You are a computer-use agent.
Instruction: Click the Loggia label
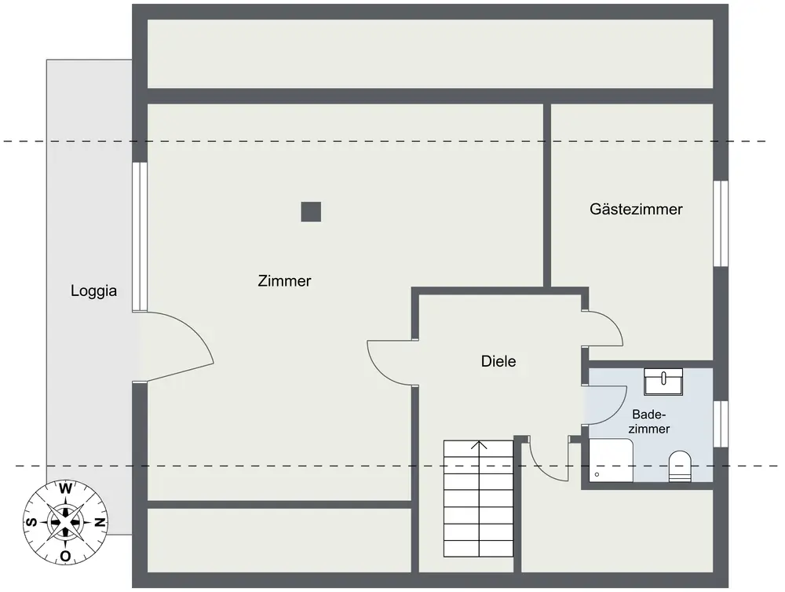point(93,291)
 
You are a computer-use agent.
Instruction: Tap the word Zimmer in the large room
point(284,280)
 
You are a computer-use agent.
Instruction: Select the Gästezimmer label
point(636,210)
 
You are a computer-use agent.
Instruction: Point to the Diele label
point(498,362)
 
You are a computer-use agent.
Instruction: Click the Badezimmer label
point(650,422)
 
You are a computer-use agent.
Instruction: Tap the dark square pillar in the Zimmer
point(311,211)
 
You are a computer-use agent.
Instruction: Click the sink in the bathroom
point(663,381)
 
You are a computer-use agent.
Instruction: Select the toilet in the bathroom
point(679,466)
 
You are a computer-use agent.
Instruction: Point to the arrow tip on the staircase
point(478,444)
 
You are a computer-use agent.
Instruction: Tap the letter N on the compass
point(100,522)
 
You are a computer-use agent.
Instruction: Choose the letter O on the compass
point(66,556)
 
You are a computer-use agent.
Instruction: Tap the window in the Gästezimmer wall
point(720,224)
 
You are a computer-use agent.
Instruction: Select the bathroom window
point(720,424)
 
